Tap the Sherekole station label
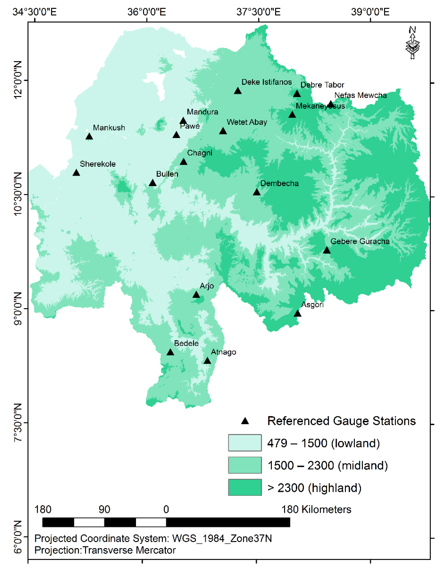click(x=98, y=164)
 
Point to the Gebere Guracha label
click(x=360, y=241)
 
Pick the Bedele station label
click(x=186, y=343)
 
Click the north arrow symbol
click(x=412, y=43)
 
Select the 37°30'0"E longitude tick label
click(x=258, y=12)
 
